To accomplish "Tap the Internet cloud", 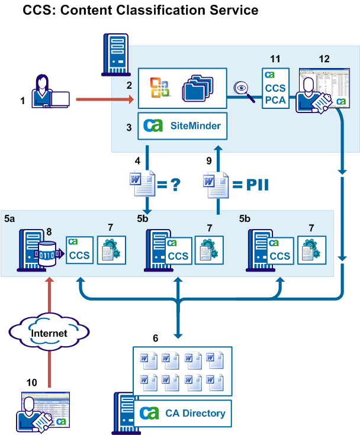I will coord(50,333).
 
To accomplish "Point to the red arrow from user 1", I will coord(104,100).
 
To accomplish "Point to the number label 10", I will coord(31,382).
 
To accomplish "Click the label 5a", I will coord(10,219).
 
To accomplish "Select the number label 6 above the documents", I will coord(156,338).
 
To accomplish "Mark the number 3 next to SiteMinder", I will coord(128,127).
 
